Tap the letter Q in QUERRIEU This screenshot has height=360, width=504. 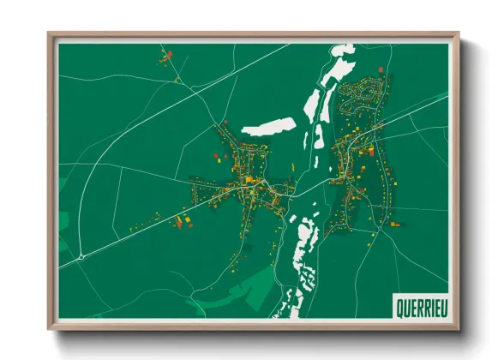399,306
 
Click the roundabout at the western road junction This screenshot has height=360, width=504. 80,255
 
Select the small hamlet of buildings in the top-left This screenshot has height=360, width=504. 165,58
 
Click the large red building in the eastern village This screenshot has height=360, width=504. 370,151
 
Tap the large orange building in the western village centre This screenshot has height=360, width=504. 249,179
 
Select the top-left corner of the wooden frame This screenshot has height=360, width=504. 50,35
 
